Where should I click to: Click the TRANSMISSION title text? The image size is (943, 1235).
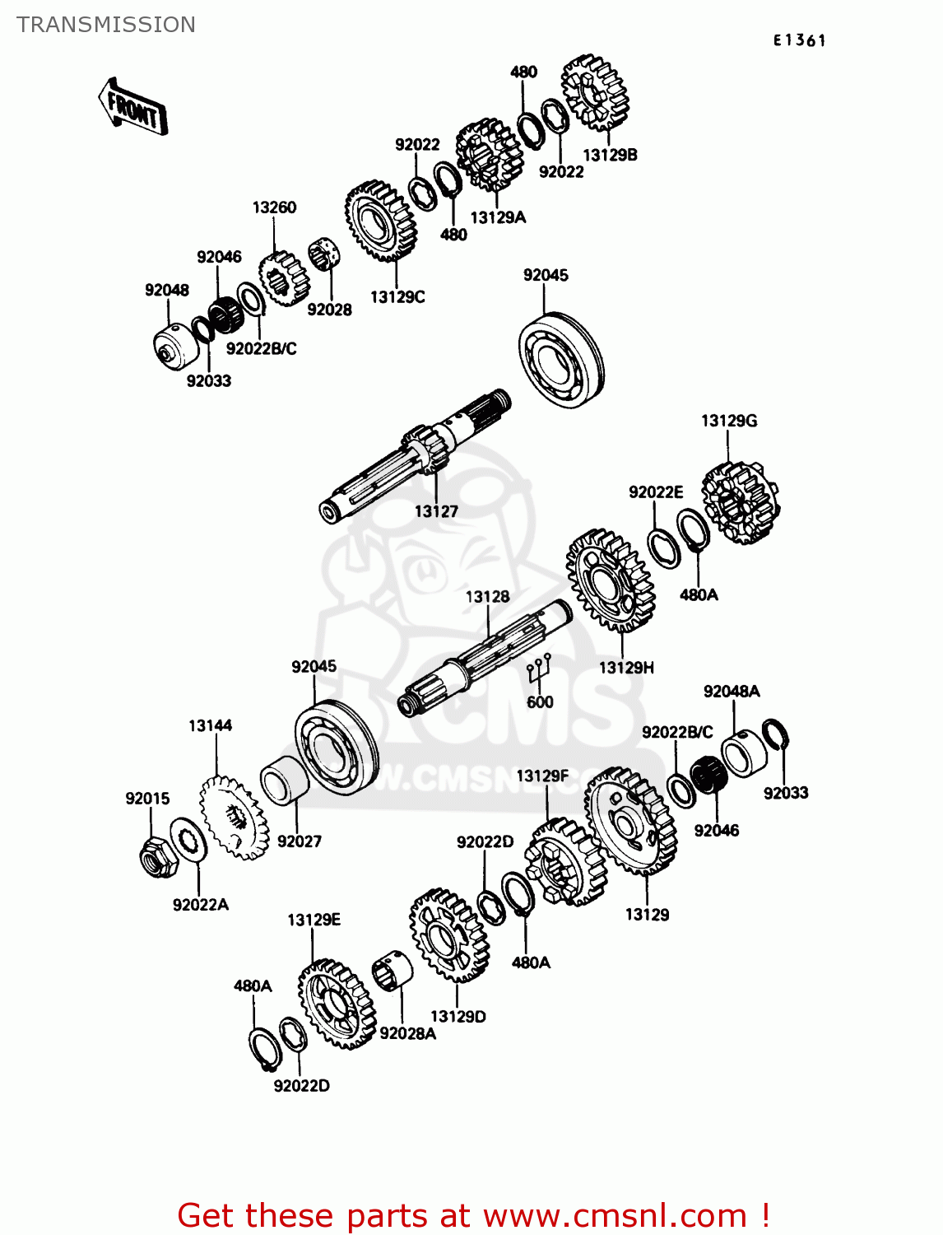pyautogui.click(x=106, y=25)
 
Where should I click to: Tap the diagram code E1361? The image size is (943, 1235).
pyautogui.click(x=798, y=40)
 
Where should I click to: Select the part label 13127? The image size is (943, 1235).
pyautogui.click(x=435, y=511)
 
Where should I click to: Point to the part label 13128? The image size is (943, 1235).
pyautogui.click(x=487, y=596)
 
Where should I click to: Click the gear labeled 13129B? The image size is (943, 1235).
pyautogui.click(x=594, y=92)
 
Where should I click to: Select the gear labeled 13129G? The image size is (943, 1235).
pyautogui.click(x=740, y=501)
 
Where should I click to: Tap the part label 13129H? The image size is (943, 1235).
pyautogui.click(x=625, y=668)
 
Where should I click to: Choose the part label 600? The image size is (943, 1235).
pyautogui.click(x=540, y=702)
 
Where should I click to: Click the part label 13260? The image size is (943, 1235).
pyautogui.click(x=274, y=207)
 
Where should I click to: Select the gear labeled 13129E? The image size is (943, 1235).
pyautogui.click(x=337, y=1004)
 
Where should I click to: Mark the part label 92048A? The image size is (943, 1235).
pyautogui.click(x=731, y=692)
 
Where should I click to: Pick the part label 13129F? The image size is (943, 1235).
pyautogui.click(x=541, y=776)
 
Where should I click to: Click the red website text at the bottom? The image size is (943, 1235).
pyautogui.click(x=473, y=1215)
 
